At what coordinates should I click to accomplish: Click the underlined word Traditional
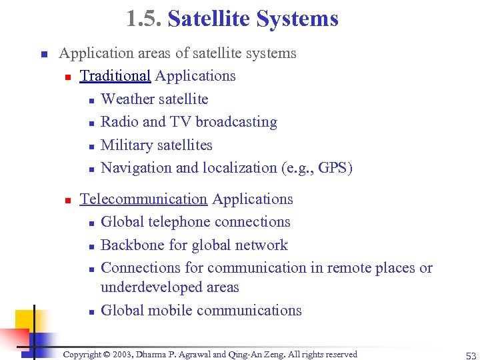tap(115, 76)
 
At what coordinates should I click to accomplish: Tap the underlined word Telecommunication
tap(143, 199)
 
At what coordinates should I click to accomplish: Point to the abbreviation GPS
tap(333, 168)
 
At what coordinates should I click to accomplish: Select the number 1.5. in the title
tap(144, 19)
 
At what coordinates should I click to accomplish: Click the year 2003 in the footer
tap(127, 355)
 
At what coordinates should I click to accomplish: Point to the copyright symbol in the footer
tap(105, 355)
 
